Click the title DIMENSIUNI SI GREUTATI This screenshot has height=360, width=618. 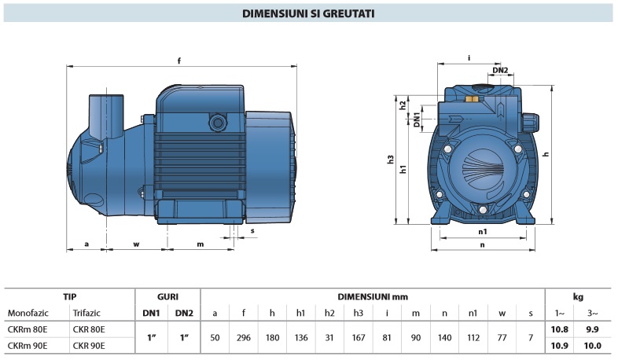coord(308,13)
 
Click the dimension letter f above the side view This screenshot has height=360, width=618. coord(179,61)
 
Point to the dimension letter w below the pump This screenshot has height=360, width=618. coord(136,244)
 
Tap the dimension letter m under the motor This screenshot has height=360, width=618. coord(200,244)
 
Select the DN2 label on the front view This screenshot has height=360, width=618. coord(500,71)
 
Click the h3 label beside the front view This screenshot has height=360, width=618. coord(391,160)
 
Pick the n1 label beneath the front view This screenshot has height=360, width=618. coord(482,232)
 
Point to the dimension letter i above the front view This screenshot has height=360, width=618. coord(469,58)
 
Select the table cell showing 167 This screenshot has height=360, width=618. coord(359,337)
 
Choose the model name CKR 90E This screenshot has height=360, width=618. coord(88,345)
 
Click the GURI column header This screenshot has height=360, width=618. coord(167,297)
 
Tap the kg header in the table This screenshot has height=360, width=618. coord(578,297)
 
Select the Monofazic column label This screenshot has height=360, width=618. coord(29,313)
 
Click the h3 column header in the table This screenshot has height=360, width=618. coord(359,313)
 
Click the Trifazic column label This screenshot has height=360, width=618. coord(86,313)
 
